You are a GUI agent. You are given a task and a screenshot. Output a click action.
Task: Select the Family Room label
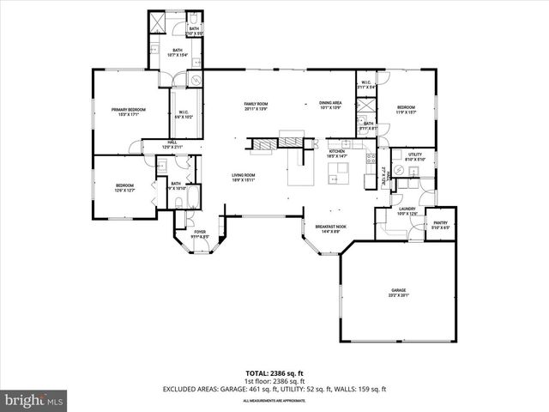[256, 106]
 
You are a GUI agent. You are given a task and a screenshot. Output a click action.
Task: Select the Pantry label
[440, 225]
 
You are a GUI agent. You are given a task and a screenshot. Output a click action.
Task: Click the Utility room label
[415, 156]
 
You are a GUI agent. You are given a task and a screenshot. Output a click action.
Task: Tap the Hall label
[172, 144]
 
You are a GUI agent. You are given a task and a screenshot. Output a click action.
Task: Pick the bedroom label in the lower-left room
[125, 187]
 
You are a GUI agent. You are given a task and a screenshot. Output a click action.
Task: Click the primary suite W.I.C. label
[184, 114]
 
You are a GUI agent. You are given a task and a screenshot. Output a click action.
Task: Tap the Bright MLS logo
[34, 400]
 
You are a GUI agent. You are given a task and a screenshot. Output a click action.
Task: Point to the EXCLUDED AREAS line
[274, 391]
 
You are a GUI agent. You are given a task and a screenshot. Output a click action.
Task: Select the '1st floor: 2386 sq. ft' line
[274, 383]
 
